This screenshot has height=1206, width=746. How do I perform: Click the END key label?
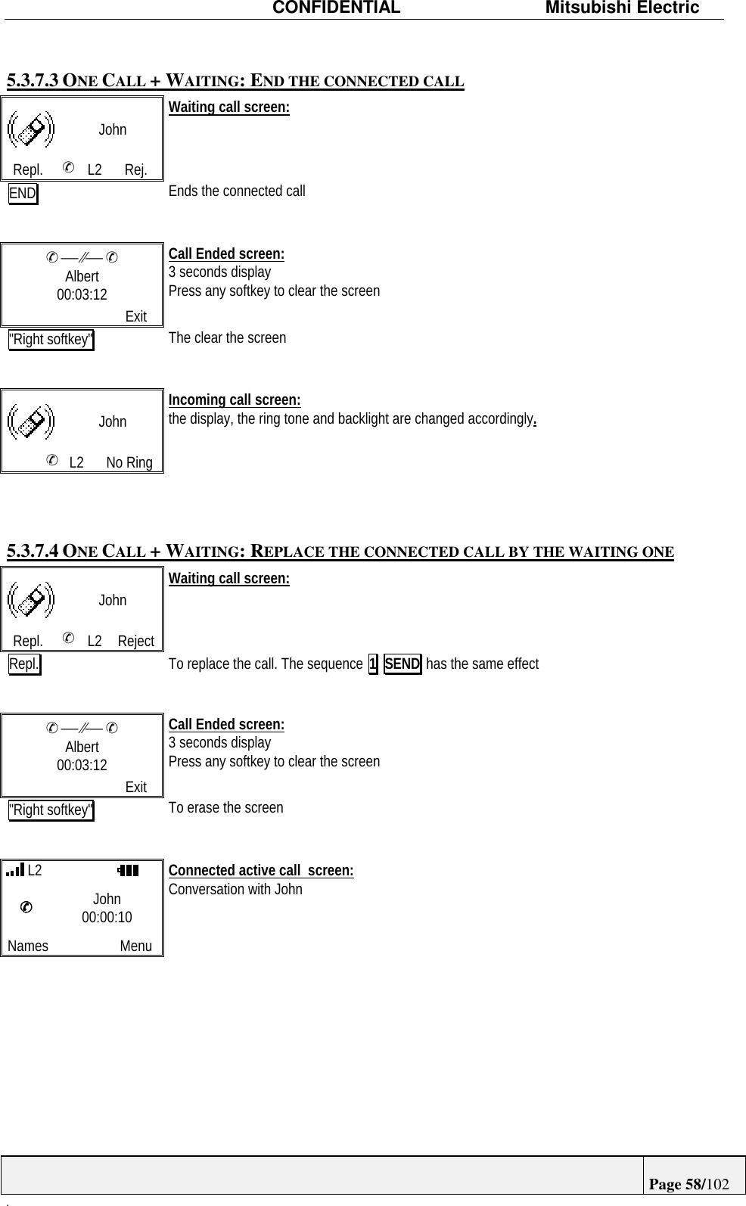[x=23, y=194]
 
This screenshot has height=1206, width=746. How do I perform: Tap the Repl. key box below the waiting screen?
[x=25, y=665]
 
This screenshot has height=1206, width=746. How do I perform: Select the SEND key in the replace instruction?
[x=403, y=664]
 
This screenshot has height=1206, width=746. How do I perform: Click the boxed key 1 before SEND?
[x=372, y=664]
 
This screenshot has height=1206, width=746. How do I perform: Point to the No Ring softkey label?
[x=129, y=462]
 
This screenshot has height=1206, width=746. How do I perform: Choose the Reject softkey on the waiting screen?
[x=136, y=641]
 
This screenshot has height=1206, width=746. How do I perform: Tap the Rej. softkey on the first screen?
[x=136, y=169]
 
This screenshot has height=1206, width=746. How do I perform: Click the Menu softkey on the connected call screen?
[x=136, y=946]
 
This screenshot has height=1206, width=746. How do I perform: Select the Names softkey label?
[x=28, y=946]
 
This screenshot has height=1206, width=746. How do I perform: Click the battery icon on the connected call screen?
[x=128, y=871]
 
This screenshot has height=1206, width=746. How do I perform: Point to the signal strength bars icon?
[x=15, y=870]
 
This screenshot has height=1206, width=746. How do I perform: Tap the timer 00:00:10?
[x=107, y=917]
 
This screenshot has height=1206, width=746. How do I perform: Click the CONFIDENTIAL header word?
[x=336, y=8]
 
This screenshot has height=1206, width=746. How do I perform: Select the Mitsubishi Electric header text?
[x=623, y=8]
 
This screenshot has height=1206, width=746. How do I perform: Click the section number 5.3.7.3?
[x=33, y=80]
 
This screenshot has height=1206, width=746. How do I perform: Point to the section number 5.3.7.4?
[x=33, y=551]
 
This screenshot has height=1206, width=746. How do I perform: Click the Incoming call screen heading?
[x=235, y=399]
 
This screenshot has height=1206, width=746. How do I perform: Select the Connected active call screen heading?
[x=261, y=870]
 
